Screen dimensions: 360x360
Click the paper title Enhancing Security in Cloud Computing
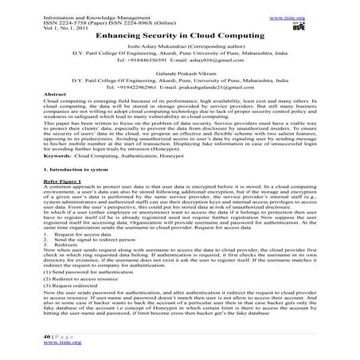point(180,37)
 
